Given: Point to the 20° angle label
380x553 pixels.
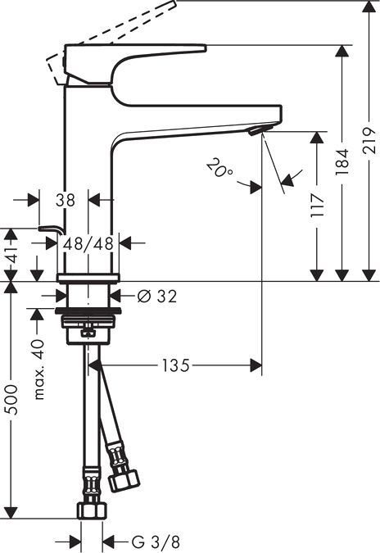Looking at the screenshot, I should [219, 170].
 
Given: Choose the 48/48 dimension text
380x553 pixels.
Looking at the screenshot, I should [90, 243].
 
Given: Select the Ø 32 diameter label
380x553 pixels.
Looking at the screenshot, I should [156, 296].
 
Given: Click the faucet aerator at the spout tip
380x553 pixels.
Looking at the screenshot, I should [258, 131].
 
